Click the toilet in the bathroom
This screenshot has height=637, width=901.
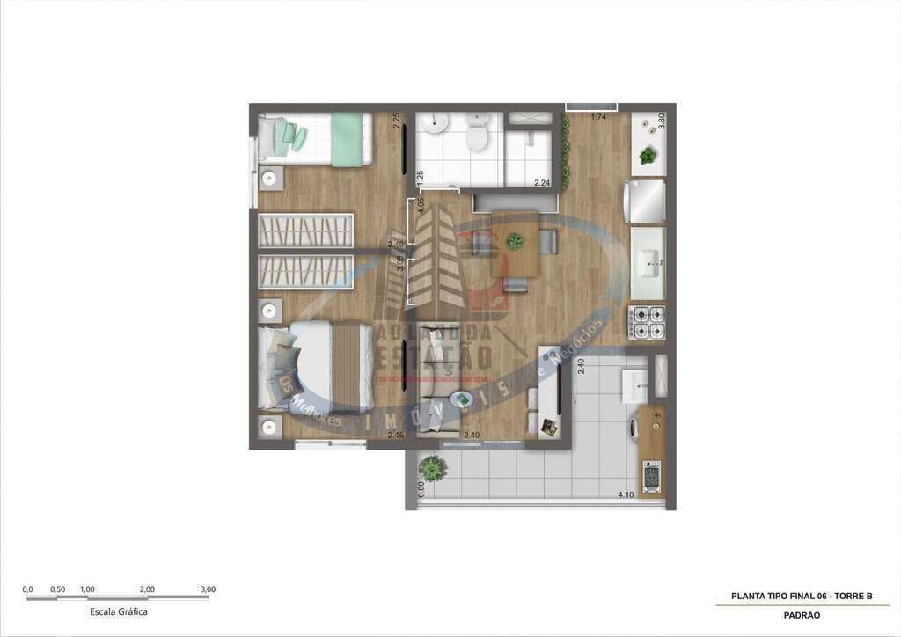coord(477,135)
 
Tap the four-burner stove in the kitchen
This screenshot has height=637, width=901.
coord(647,322)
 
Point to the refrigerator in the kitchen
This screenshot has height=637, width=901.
coord(645,201)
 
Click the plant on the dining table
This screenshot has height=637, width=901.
coord(515,239)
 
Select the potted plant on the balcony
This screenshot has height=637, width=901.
coord(432,467)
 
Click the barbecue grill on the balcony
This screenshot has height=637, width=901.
coord(651,476)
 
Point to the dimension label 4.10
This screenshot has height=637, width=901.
coord(626,494)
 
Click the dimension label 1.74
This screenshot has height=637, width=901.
coord(598,117)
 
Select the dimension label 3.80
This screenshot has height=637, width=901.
coord(662,122)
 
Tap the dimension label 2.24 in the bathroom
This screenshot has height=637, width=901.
coord(542,183)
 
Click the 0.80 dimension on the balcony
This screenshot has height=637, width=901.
coord(421,490)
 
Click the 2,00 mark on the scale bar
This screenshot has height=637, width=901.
coord(147,589)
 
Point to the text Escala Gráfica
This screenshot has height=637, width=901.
coord(119,611)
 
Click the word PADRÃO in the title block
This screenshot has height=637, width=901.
coord(802,615)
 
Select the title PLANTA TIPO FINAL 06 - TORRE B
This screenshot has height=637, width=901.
coord(802,596)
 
